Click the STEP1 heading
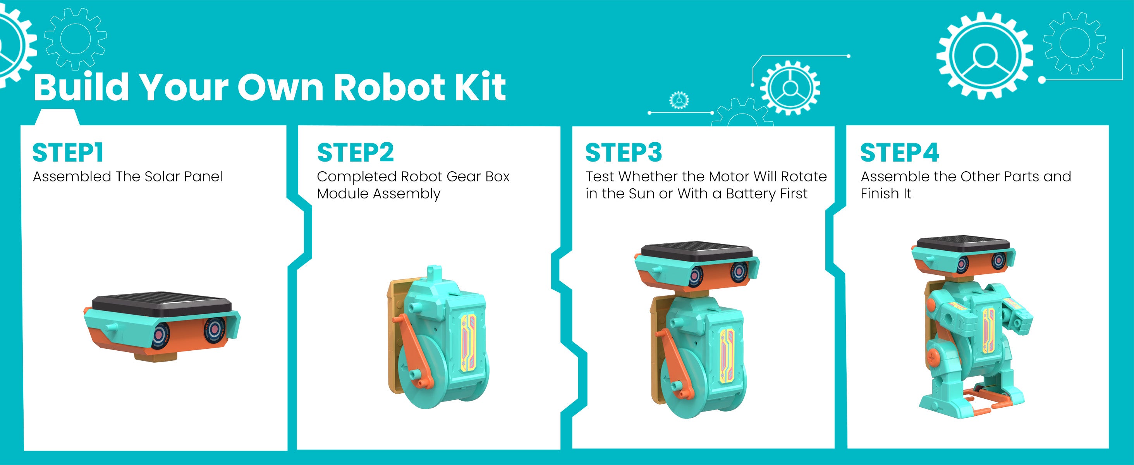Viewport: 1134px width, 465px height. [x=68, y=153]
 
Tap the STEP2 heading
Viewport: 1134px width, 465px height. [x=355, y=153]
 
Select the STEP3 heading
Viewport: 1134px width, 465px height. [x=623, y=153]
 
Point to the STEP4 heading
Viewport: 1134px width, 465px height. [x=900, y=153]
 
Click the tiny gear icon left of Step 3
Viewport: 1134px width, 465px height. [x=679, y=100]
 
